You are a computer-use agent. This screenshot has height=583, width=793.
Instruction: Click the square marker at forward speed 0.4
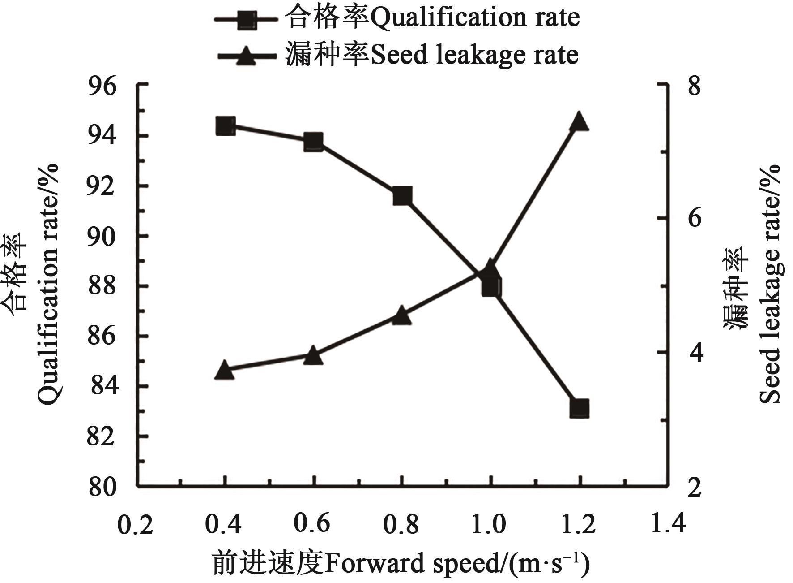coord(225,126)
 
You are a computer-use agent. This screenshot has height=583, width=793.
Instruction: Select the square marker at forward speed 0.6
coord(313,142)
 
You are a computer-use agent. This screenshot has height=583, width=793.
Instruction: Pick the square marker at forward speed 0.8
coord(402,196)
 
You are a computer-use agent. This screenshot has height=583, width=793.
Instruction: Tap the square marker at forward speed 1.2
coord(579,409)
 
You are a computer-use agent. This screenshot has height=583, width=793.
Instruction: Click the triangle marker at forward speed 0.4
coord(225,371)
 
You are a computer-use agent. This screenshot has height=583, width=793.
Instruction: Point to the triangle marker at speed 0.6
coord(313,356)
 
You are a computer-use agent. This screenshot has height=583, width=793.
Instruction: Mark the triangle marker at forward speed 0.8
coord(401,315)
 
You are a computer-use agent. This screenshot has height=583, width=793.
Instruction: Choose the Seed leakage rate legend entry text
coord(431,55)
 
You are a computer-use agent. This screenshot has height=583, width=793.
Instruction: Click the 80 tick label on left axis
coord(102,487)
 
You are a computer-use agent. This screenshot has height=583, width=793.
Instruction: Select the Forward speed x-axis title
coord(401,564)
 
